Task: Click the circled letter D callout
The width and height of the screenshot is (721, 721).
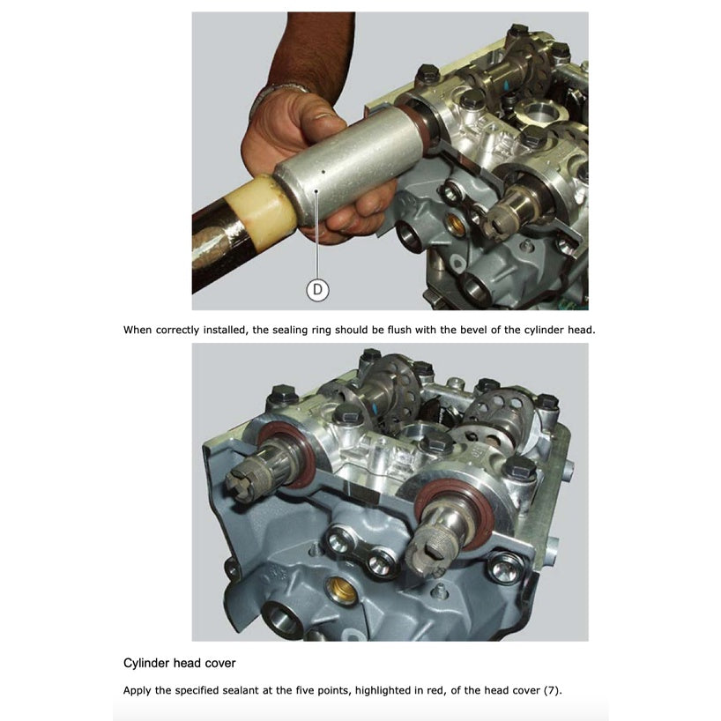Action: point(317,288)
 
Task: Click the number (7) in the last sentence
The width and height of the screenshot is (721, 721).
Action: point(552,689)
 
